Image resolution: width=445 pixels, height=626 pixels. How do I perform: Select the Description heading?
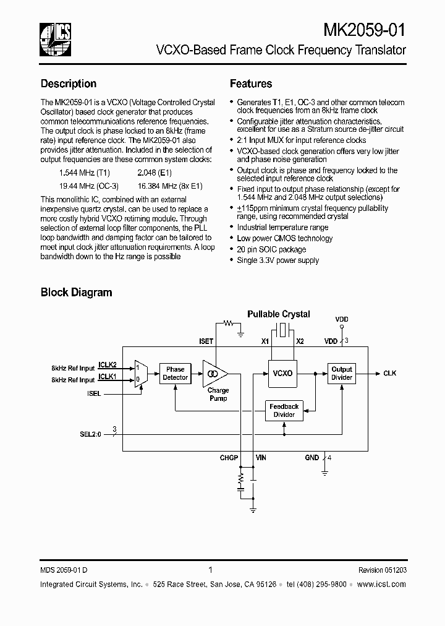click(69, 84)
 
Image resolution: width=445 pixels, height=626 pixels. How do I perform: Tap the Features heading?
click(251, 84)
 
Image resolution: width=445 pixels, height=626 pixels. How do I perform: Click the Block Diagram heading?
click(76, 292)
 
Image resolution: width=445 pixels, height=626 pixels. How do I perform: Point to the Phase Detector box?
click(175, 373)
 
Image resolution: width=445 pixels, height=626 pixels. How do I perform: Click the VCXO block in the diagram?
click(282, 374)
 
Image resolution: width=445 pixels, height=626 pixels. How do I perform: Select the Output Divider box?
click(341, 373)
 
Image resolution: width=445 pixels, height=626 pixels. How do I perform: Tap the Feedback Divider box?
click(284, 410)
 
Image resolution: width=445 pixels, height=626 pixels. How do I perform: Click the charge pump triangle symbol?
click(215, 374)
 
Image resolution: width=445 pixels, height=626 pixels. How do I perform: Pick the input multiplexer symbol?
click(140, 374)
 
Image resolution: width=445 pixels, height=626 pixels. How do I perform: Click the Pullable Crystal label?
click(279, 314)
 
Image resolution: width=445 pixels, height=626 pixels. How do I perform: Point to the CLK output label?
click(389, 374)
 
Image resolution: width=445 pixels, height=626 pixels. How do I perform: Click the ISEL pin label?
click(94, 393)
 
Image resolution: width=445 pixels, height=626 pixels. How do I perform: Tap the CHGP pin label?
click(229, 458)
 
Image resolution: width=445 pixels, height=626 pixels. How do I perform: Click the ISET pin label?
click(206, 341)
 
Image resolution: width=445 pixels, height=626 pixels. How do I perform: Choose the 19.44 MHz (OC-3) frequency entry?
click(88, 186)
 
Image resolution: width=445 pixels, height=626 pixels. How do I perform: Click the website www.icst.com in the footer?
click(382, 584)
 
